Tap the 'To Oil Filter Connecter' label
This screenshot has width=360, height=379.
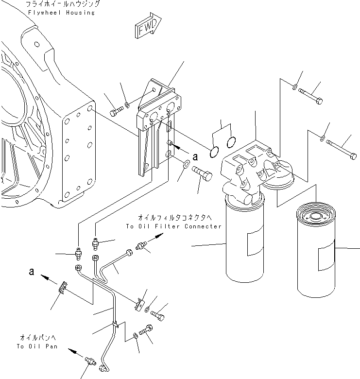point(173,226)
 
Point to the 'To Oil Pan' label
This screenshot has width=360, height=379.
point(36,346)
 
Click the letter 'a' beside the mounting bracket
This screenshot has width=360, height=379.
point(195,156)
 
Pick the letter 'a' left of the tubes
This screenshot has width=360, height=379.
point(32,273)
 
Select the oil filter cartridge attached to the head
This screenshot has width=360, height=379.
point(244,238)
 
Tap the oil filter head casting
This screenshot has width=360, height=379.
point(250,170)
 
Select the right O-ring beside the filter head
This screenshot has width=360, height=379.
point(232,142)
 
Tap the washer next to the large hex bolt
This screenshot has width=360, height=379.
point(186,167)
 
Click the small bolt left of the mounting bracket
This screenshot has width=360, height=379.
point(114,112)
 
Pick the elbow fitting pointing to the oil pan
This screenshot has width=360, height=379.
point(89,362)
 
